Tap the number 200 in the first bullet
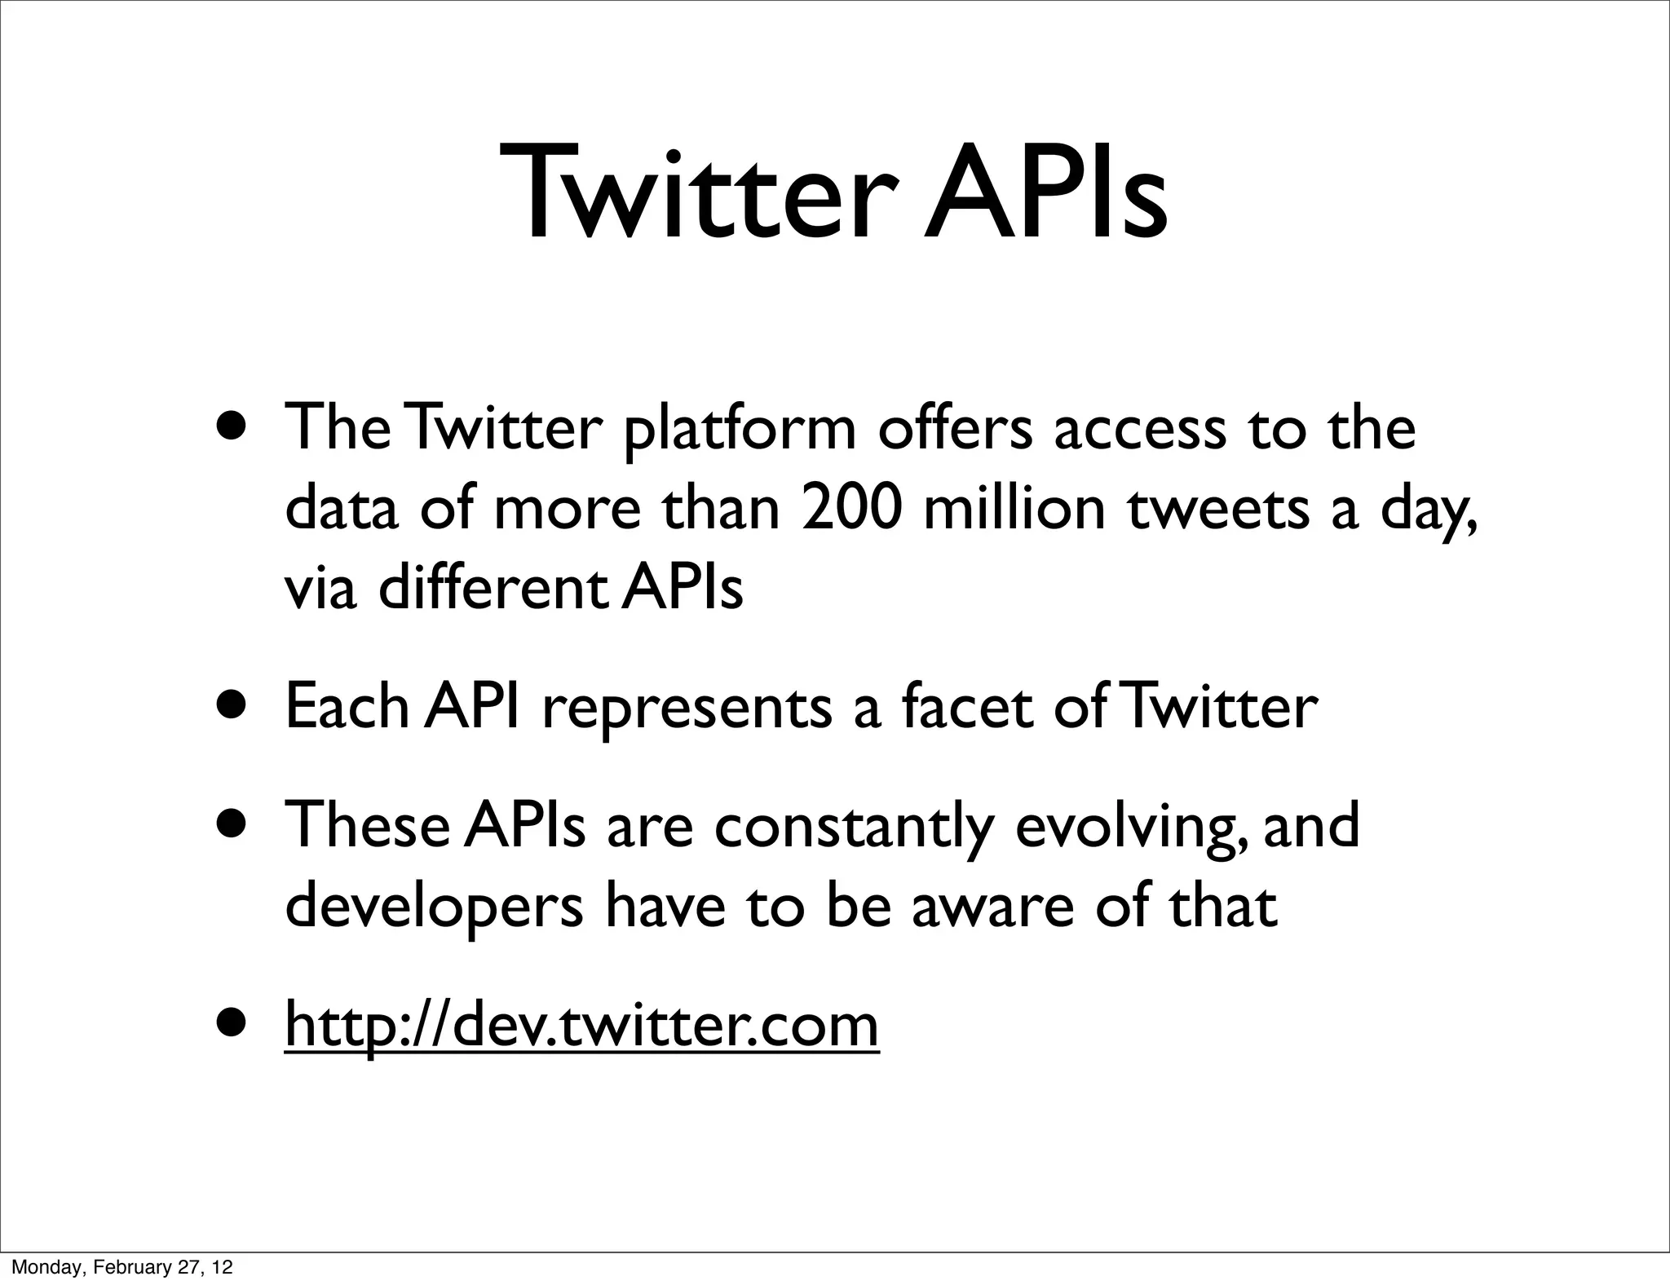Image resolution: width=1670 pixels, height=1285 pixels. coord(851,508)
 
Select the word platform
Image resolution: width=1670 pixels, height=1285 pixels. coord(739,431)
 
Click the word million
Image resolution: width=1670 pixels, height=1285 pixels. coord(1014,508)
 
